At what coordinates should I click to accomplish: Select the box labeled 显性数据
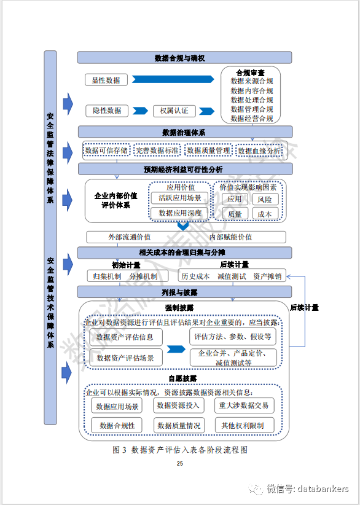click(x=106, y=80)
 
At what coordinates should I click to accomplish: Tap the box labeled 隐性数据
click(x=106, y=111)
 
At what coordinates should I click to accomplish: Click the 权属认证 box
click(x=174, y=111)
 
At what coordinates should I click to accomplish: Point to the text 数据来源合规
click(x=252, y=81)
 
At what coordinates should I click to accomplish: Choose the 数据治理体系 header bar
click(x=184, y=132)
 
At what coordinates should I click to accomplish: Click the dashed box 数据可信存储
click(x=106, y=151)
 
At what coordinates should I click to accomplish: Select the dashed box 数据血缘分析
click(x=259, y=151)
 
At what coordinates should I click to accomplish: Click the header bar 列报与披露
click(x=184, y=292)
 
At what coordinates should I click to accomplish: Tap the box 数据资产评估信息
click(x=125, y=337)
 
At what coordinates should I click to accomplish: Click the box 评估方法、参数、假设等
click(x=233, y=337)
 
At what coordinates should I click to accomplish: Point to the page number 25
click(x=179, y=464)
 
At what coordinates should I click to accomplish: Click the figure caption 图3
click(x=120, y=450)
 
